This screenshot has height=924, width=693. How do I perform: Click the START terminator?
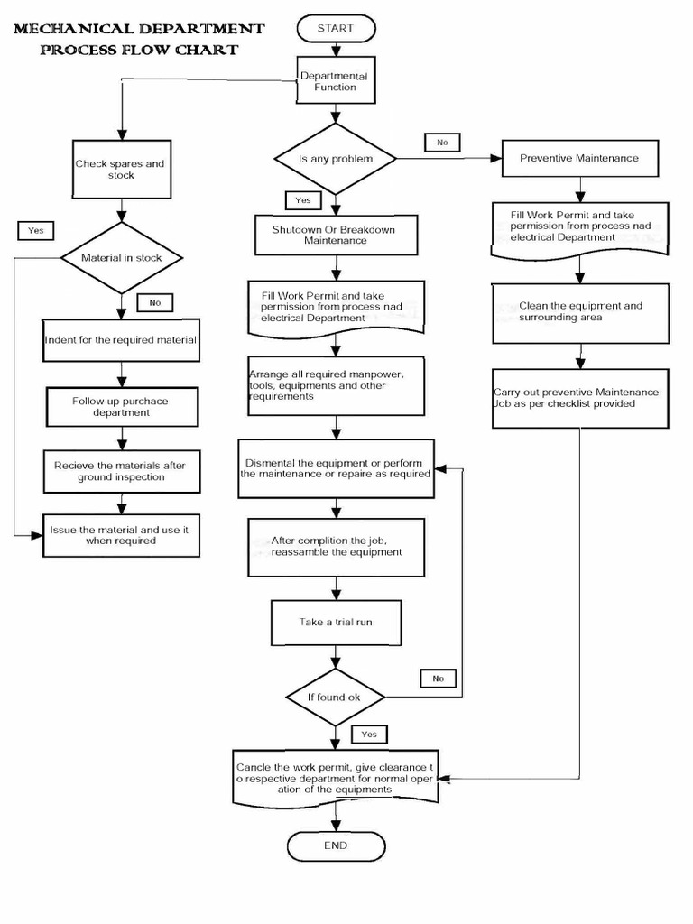coord(335,29)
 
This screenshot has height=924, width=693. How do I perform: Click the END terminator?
coord(336,845)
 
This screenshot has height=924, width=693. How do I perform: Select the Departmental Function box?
coord(336,81)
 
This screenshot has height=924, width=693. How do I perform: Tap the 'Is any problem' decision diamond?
coord(335,159)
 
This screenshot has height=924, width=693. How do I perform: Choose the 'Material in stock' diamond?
coord(121,258)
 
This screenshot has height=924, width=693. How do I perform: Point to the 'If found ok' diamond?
coord(336,697)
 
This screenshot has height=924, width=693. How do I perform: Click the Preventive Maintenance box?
coord(579,158)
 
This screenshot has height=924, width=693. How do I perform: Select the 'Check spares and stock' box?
coord(121,170)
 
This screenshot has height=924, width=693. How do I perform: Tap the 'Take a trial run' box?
coord(336,623)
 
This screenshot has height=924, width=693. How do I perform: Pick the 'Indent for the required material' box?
coord(121,341)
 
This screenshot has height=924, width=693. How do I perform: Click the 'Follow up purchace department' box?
coord(121,407)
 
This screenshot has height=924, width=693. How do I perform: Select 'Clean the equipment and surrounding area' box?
coord(579,311)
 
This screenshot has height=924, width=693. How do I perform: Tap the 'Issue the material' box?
coord(121,535)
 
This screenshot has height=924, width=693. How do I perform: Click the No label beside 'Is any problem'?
coord(441,142)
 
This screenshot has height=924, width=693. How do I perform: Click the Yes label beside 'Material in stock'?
coord(36,230)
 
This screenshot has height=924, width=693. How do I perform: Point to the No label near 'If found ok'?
coord(438,678)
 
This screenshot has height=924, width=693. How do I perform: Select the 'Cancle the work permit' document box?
coord(336,776)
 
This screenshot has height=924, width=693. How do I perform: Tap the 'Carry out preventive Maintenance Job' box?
coord(579,398)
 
